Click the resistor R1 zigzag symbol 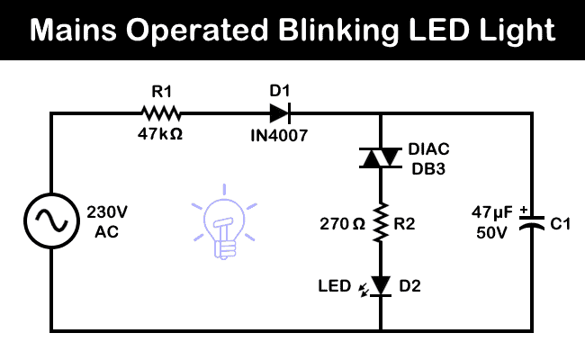(x=160, y=113)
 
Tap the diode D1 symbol (x=279, y=113)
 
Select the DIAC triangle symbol (x=380, y=158)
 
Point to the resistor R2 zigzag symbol (x=380, y=222)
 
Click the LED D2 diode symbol (x=380, y=286)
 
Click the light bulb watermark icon (x=222, y=225)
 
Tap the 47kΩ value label (x=160, y=135)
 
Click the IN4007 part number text (x=279, y=135)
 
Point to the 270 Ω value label (x=341, y=223)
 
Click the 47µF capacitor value (x=492, y=213)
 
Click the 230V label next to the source (x=108, y=213)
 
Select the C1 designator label (x=562, y=223)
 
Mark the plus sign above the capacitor (x=524, y=210)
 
